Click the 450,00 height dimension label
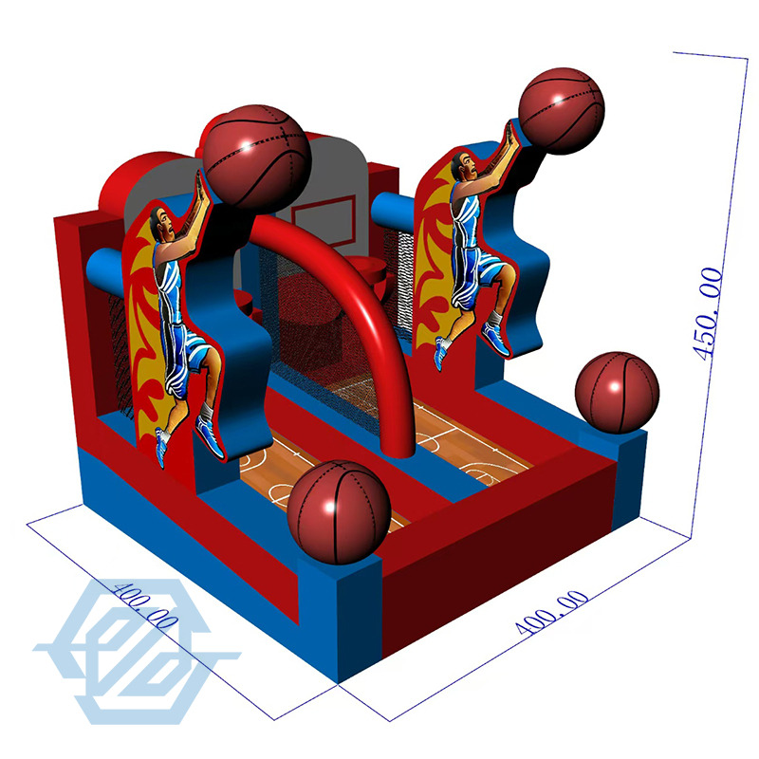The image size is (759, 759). click(x=708, y=314)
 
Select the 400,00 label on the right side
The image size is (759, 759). click(x=552, y=612)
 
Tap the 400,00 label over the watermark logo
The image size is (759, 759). click(x=145, y=605)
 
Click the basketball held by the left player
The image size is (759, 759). click(x=256, y=157)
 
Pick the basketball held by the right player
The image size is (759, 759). click(x=562, y=111)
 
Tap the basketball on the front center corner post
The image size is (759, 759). click(x=339, y=512)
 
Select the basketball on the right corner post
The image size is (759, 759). click(x=618, y=393)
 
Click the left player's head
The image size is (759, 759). click(x=161, y=223)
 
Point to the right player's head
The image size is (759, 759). click(x=464, y=168)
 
